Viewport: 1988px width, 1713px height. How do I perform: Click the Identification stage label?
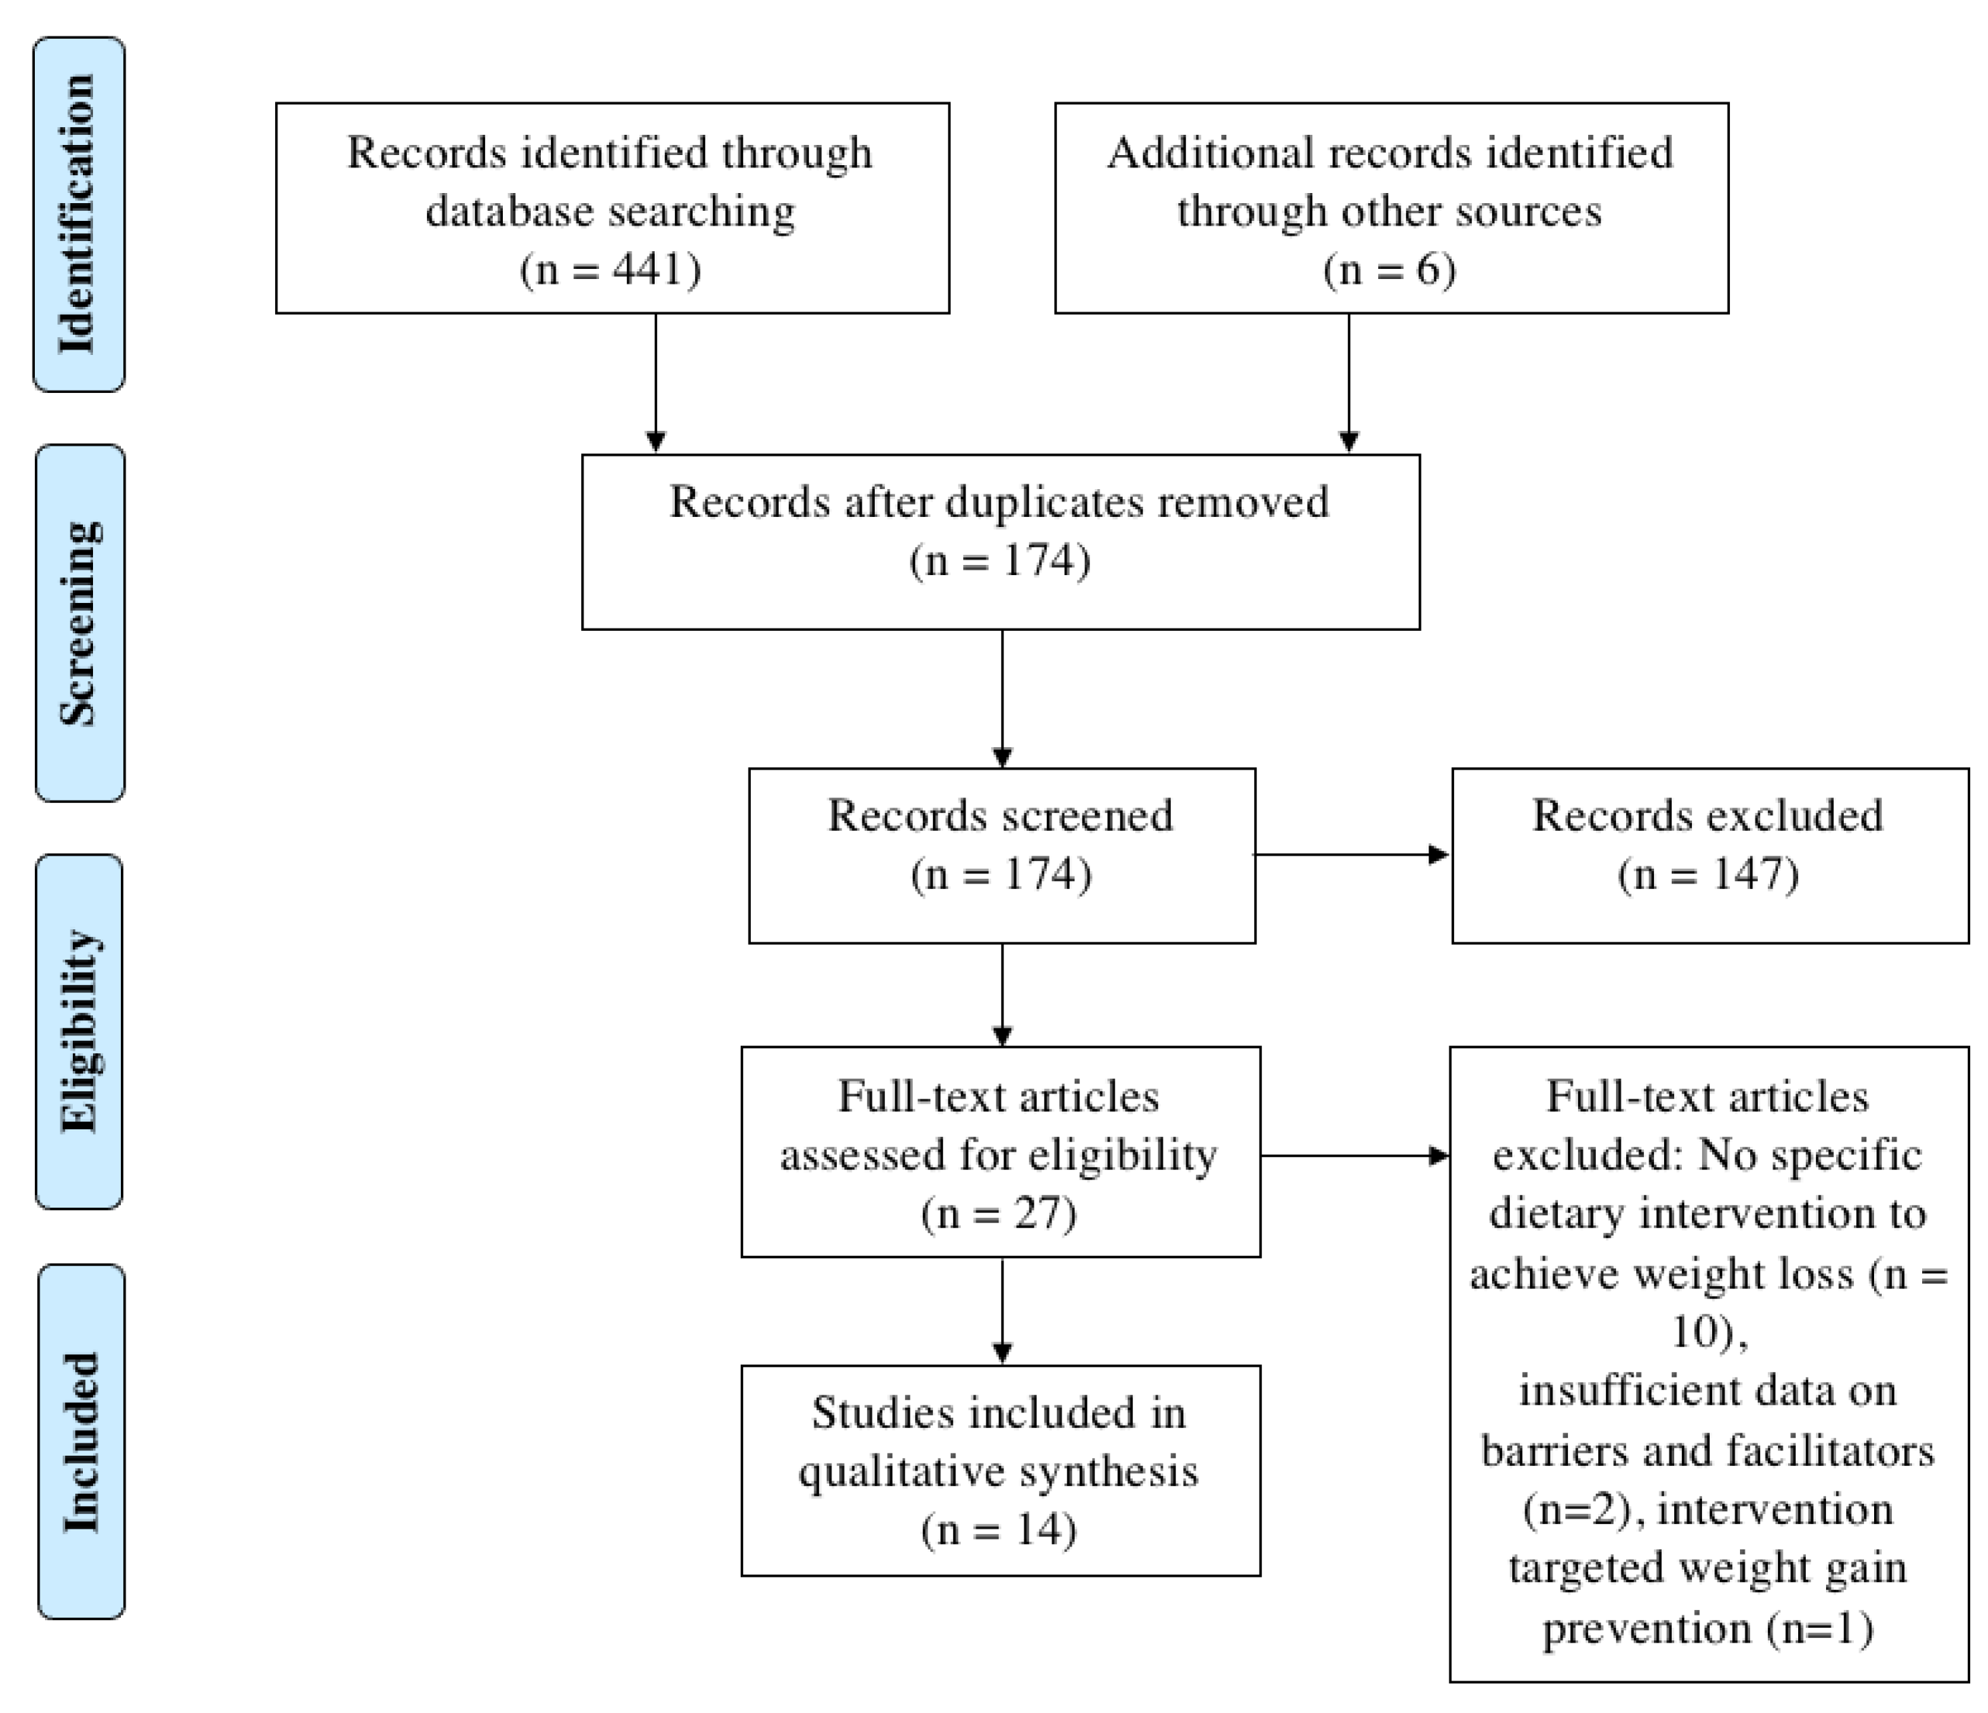point(79,214)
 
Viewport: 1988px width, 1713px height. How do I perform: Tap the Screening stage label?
point(80,623)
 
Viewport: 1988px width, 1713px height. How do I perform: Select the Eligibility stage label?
point(80,1031)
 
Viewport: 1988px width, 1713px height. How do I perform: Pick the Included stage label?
point(81,1442)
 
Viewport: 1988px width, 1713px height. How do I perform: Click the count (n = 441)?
point(611,269)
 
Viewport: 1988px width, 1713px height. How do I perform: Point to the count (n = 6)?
point(1389,269)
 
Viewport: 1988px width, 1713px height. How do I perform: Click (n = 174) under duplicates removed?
point(999,560)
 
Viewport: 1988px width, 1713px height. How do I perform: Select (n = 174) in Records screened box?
point(1001,874)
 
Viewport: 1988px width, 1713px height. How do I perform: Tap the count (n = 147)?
point(1708,874)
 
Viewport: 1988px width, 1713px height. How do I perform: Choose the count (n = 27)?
point(999,1214)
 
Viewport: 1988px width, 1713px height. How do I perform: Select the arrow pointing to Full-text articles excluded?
point(1353,1156)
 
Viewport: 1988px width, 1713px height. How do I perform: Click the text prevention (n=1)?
point(1708,1628)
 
